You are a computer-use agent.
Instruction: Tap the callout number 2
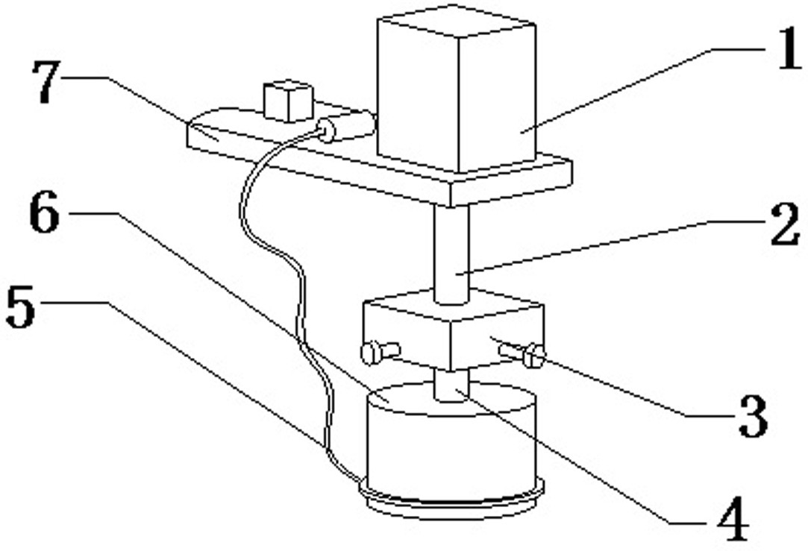pyautogui.click(x=783, y=227)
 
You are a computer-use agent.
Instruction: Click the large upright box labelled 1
pyautogui.click(x=455, y=89)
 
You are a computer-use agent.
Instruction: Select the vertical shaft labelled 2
pyautogui.click(x=451, y=254)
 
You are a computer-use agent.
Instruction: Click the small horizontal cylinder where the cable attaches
pyautogui.click(x=348, y=127)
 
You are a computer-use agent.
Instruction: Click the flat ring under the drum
pyautogui.click(x=451, y=503)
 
